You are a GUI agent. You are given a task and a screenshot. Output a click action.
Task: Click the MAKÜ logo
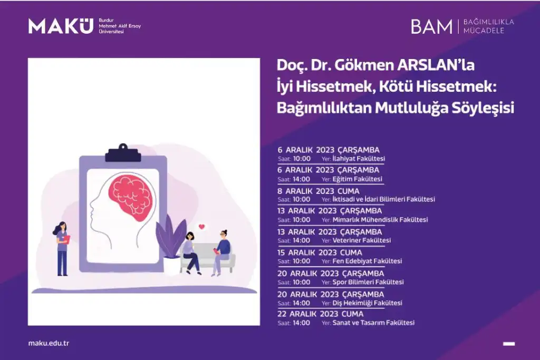click(61, 26)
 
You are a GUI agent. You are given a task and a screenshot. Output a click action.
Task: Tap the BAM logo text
click(432, 26)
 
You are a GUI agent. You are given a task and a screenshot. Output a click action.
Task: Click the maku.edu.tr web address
click(49, 343)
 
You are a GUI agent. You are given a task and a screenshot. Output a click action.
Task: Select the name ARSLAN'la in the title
click(436, 65)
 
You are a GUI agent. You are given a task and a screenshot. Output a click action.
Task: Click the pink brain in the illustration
click(132, 198)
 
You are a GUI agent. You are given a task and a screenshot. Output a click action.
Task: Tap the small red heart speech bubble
click(202, 227)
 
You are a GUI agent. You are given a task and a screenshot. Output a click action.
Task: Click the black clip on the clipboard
click(123, 153)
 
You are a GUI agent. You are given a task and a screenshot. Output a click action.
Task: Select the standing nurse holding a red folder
click(62, 248)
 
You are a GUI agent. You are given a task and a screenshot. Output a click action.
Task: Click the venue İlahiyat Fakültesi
click(359, 159)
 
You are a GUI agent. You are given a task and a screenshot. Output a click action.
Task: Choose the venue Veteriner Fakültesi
click(362, 240)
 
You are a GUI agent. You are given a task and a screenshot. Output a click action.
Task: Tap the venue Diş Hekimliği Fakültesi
click(367, 303)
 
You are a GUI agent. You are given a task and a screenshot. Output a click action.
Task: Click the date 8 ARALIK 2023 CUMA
click(319, 191)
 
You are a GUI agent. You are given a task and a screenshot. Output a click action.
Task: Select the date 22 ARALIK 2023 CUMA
click(320, 314)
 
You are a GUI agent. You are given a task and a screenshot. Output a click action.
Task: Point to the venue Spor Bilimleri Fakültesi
click(368, 282)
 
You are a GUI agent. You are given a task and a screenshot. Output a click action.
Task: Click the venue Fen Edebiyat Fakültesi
click(367, 261)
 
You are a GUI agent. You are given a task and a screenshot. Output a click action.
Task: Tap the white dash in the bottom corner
click(509, 344)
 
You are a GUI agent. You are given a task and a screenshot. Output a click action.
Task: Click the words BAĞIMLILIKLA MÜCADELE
click(488, 26)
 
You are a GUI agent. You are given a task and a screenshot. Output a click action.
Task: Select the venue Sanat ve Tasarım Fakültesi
click(373, 323)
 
